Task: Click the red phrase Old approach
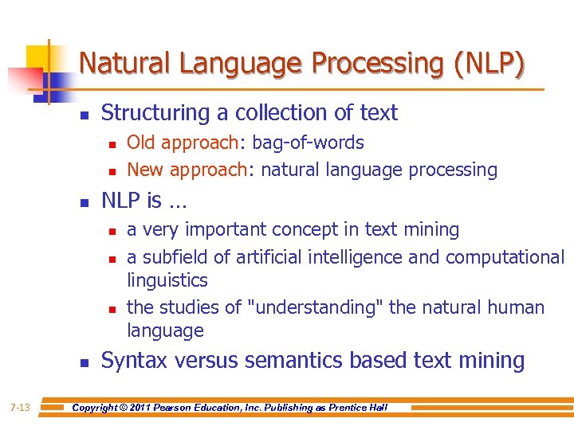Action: click(183, 143)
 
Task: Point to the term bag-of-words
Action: click(308, 143)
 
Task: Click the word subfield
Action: click(175, 257)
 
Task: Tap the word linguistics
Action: click(167, 280)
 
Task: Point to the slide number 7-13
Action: click(20, 408)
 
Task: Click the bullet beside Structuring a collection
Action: click(84, 115)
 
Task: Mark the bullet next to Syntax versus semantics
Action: click(84, 363)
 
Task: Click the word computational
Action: click(505, 257)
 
